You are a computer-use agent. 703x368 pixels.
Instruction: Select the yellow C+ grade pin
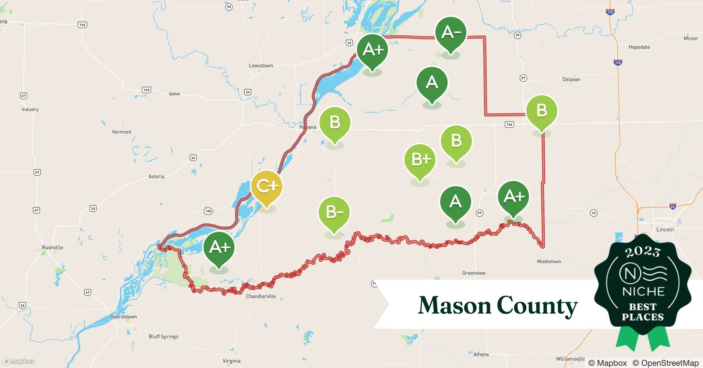(266, 187)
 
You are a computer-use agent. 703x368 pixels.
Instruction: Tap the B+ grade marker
(420, 160)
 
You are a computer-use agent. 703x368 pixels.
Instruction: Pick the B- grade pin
(334, 213)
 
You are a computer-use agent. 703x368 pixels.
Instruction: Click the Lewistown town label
(261, 66)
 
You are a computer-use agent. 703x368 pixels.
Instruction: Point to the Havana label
(308, 127)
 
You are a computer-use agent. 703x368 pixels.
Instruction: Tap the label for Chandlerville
(261, 297)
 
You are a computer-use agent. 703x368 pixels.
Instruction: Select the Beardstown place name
(123, 317)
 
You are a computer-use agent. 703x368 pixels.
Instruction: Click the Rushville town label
(52, 248)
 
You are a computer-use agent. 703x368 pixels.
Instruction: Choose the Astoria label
(156, 177)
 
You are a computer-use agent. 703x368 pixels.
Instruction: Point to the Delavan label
(571, 79)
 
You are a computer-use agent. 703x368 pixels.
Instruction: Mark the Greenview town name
(474, 273)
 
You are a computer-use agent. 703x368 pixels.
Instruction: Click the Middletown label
(549, 262)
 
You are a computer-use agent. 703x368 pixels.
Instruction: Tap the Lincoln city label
(665, 230)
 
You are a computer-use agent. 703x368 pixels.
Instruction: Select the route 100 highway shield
(208, 211)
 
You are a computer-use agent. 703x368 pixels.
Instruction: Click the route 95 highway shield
(229, 7)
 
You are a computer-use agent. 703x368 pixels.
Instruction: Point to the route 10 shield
(593, 213)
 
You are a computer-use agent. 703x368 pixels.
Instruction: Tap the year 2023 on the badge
(643, 252)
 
